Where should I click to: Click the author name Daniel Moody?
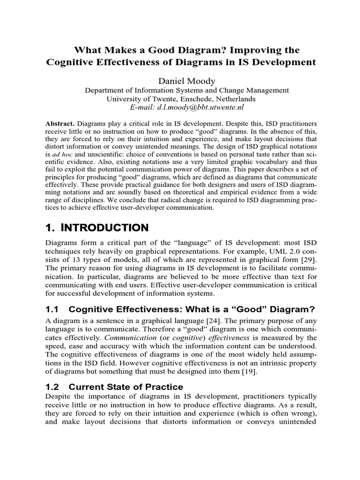pos(180,82)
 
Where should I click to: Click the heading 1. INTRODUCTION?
pos(97,228)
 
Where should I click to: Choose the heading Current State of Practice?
pos(126,387)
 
